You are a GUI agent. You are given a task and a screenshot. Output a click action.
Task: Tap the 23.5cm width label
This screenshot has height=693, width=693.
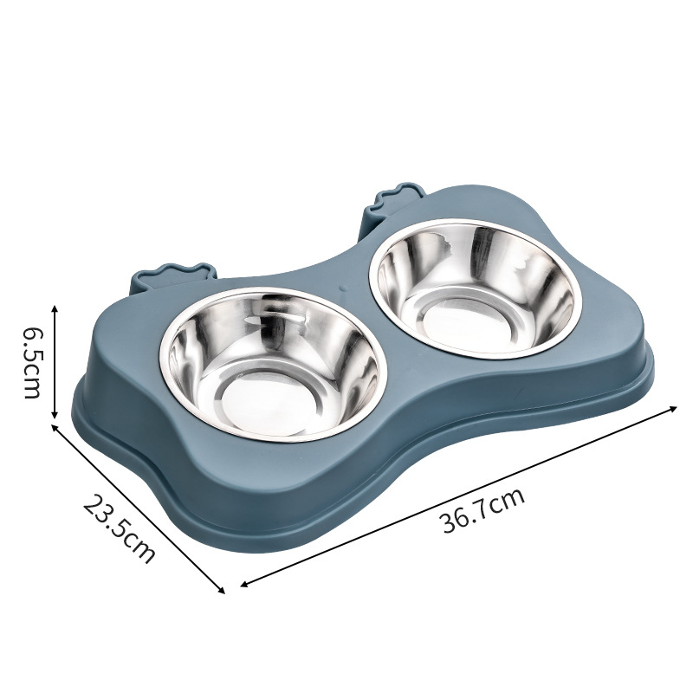coord(119,528)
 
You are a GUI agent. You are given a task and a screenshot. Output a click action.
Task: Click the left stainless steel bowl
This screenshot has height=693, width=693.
coord(269,365)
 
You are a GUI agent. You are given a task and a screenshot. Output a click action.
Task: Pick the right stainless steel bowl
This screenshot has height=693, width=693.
coord(475,290)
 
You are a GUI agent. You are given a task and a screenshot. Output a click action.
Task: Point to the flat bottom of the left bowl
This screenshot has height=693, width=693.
coord(269,405)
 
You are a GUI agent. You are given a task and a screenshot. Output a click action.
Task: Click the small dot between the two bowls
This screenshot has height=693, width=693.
coord(343,288)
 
